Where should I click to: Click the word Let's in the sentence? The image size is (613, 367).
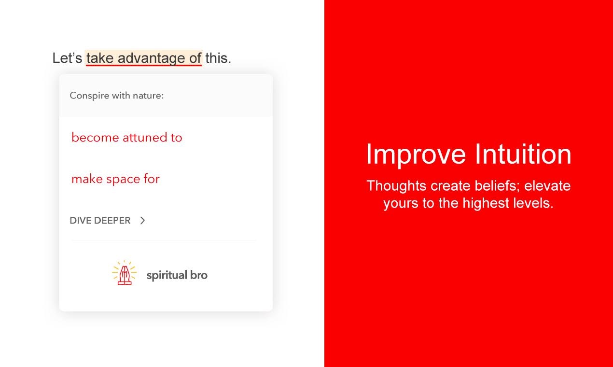[x=67, y=58]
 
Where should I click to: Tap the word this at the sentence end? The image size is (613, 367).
[x=218, y=58]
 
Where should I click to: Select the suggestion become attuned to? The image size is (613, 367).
[x=127, y=137]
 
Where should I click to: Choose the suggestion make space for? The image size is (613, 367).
[x=115, y=179]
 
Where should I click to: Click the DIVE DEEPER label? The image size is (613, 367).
[x=100, y=221]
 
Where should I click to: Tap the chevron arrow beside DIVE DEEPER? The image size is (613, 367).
[x=142, y=221]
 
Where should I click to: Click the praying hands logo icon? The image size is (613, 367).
[x=124, y=273]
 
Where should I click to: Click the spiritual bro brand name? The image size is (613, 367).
[x=177, y=275]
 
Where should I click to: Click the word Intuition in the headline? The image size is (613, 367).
[x=523, y=154]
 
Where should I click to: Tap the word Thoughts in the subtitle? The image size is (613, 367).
[x=397, y=186]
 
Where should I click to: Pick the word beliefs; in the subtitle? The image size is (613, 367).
[x=497, y=186]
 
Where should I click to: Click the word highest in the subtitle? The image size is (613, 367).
[x=486, y=203]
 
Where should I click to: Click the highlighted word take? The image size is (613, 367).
[x=100, y=58]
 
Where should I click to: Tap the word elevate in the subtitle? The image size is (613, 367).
[x=547, y=186]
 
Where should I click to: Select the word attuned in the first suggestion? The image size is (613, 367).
[x=144, y=137]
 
